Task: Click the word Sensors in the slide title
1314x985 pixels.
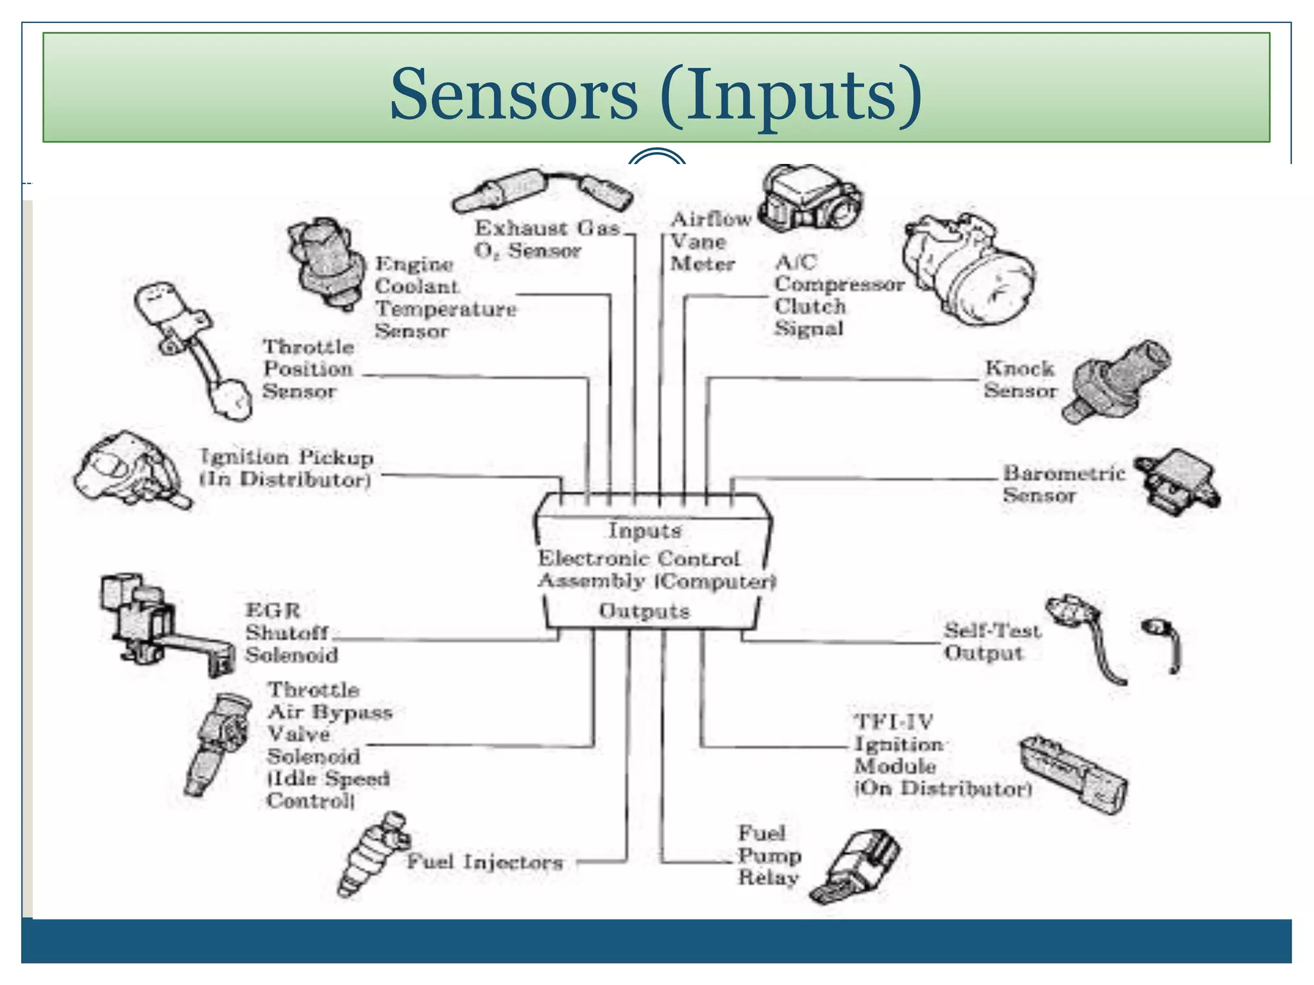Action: pos(513,95)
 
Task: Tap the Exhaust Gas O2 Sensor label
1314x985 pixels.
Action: pos(547,239)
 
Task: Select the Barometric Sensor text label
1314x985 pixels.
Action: pos(1063,484)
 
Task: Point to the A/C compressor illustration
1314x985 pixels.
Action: pos(969,269)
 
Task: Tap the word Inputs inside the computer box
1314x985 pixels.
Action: pos(645,530)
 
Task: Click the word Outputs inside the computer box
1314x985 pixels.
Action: pos(644,610)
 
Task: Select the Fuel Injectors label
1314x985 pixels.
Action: pos(485,862)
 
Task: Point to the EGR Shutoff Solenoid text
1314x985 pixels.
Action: pos(291,633)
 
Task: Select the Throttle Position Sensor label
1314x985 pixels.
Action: pos(308,369)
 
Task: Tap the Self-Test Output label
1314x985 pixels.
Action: pos(991,641)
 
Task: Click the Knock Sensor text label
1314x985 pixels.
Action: pos(1020,379)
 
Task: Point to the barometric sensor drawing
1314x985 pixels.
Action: pos(1177,481)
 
